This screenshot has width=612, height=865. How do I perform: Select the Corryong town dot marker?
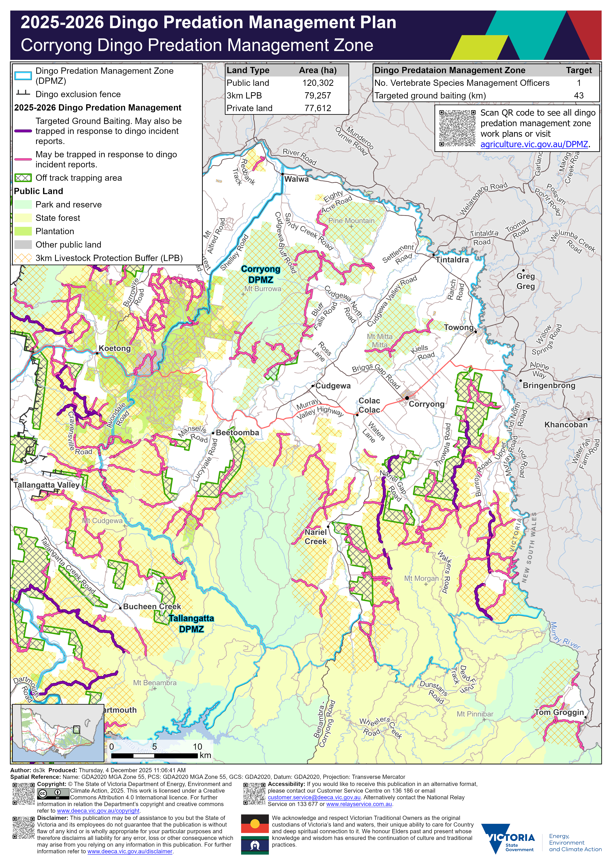407,398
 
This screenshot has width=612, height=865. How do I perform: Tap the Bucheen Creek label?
152,607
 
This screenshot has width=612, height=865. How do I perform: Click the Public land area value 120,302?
318,83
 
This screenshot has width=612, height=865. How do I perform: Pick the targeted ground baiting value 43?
579,96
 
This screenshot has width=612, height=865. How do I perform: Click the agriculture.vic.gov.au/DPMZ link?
534,144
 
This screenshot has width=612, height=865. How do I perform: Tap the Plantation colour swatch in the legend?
23,231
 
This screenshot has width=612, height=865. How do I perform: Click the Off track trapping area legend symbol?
23,178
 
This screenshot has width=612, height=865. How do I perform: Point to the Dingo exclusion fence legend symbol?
23,93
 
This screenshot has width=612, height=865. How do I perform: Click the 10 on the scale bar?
197,747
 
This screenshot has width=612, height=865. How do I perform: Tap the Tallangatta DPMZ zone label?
191,624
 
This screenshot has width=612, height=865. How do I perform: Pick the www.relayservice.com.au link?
359,804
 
